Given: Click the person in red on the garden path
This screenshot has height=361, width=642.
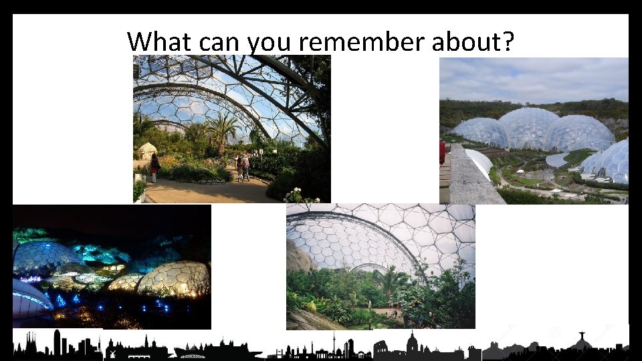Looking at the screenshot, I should [x=155, y=166].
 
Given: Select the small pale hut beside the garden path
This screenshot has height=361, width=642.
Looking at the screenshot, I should [x=147, y=150].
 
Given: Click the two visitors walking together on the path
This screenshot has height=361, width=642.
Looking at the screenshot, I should [x=242, y=167].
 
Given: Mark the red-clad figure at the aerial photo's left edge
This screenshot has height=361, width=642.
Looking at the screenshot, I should [x=442, y=152].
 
